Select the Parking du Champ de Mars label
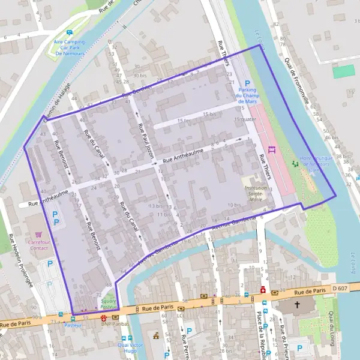[x=246, y=96]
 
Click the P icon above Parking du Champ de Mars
[x=247, y=83]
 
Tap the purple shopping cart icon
[x=39, y=234]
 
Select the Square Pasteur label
[x=109, y=303]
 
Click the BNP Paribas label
[x=115, y=324]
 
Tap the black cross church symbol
[x=296, y=305]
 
